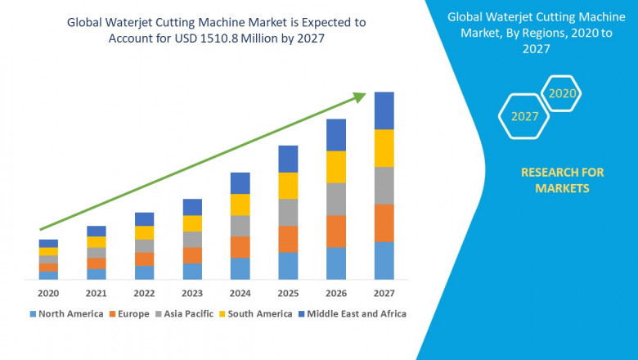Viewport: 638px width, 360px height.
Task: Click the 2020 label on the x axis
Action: [48, 293]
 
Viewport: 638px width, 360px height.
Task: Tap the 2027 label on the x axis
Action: [384, 293]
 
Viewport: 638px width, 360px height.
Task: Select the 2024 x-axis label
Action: [240, 293]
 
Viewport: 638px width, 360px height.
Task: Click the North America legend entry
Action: [66, 313]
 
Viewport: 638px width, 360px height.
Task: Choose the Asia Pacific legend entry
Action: [187, 313]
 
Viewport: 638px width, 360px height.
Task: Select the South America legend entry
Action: [258, 313]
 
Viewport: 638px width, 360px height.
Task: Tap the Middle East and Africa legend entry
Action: [354, 313]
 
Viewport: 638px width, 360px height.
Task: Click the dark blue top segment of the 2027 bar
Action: [384, 110]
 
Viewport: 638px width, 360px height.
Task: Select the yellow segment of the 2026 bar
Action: [336, 167]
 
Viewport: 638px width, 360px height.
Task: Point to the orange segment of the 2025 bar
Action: [288, 239]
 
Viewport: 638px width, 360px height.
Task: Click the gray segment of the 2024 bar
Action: [240, 226]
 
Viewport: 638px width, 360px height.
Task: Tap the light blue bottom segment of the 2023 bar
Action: [192, 272]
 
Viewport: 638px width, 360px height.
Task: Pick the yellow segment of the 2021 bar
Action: [97, 242]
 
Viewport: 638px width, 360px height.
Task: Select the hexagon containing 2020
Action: [562, 94]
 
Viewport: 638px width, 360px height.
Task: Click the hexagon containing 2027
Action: [525, 116]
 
